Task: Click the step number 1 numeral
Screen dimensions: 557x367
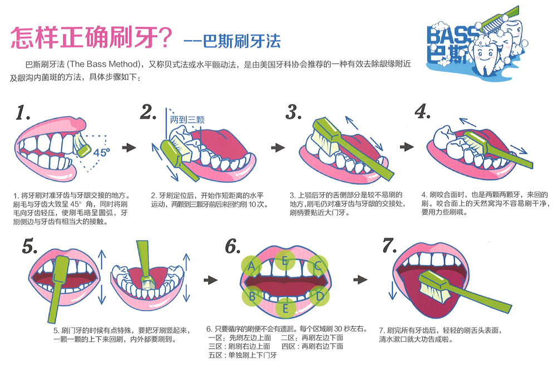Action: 23,112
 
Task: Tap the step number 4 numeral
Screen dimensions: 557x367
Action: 423,111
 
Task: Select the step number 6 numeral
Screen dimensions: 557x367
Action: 233,246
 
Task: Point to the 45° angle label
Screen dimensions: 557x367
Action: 101,153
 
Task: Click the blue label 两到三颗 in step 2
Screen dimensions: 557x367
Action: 187,120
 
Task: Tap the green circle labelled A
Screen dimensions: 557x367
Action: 252,266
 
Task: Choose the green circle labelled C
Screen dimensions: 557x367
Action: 317,266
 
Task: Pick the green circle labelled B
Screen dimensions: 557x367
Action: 252,296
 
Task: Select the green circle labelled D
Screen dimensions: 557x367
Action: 319,296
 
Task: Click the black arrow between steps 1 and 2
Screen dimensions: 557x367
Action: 129,147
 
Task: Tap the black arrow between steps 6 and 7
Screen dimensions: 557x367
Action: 360,280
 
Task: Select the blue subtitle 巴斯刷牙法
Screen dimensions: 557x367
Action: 242,41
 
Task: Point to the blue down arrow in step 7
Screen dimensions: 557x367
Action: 393,289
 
